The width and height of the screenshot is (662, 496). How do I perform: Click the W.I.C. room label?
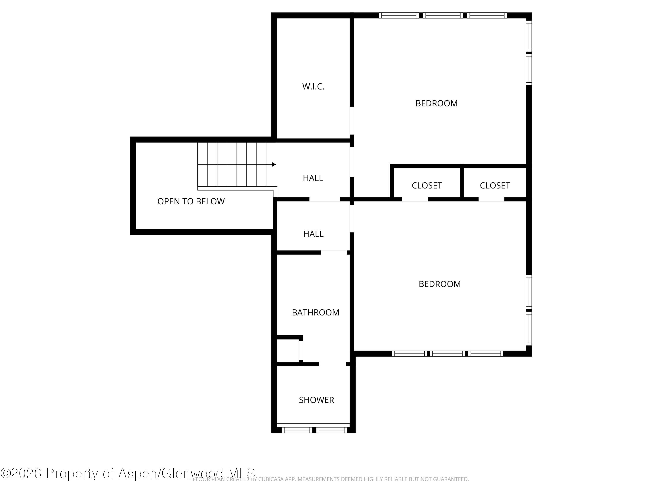[x=313, y=87]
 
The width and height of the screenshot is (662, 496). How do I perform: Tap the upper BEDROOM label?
[x=436, y=103]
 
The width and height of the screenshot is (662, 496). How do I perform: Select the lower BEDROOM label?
[x=439, y=284]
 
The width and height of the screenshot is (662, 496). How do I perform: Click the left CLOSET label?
[x=427, y=186]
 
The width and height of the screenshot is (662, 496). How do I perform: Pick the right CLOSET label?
[x=495, y=186]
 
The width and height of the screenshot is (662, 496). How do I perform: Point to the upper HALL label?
[x=313, y=178]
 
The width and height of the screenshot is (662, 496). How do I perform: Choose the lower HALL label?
[x=313, y=234]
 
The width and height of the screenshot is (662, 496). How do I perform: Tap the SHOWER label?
[x=316, y=400]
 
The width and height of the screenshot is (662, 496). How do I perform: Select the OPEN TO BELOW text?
[x=191, y=201]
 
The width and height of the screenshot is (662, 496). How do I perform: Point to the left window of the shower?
[x=297, y=430]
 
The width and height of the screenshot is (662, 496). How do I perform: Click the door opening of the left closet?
[x=414, y=200]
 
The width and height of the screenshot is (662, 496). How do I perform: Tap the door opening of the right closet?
[x=491, y=200]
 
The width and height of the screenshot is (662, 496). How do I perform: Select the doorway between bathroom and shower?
[x=333, y=364]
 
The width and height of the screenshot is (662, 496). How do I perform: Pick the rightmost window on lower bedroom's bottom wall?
[x=486, y=354]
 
